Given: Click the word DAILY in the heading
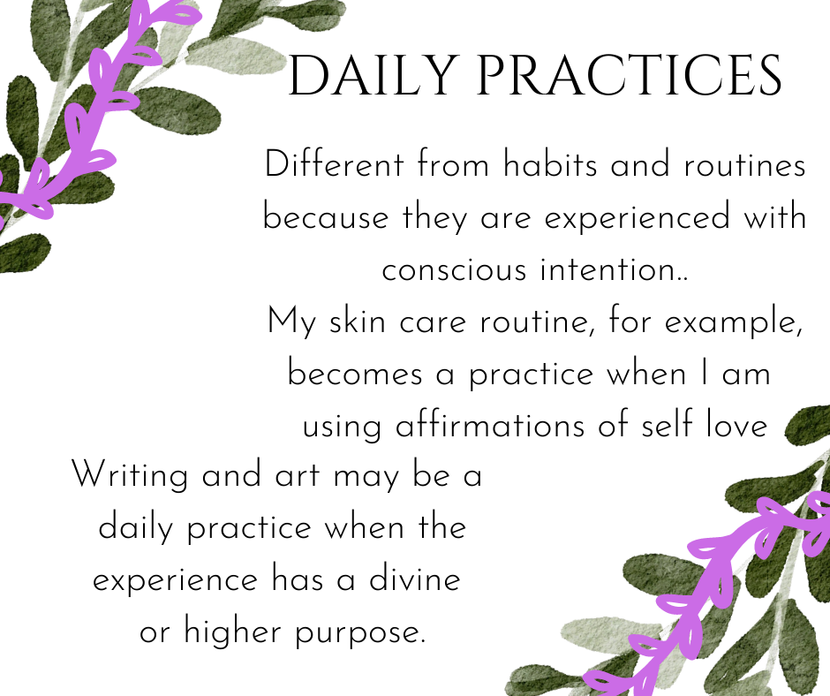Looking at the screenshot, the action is click(372, 75).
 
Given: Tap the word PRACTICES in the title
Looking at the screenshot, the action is click(630, 75).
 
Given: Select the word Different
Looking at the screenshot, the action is click(335, 163).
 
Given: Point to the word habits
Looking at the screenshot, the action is click(550, 163).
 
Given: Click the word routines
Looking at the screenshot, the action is click(744, 164).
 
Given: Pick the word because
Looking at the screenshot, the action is click(326, 217).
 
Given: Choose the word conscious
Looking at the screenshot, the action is click(454, 270).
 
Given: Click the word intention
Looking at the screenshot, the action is click(607, 269).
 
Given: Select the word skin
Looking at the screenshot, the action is click(358, 321).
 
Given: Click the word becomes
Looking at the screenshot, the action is click(355, 374).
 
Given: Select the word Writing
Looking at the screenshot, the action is click(130, 475).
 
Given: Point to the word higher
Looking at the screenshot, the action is click(233, 632).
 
